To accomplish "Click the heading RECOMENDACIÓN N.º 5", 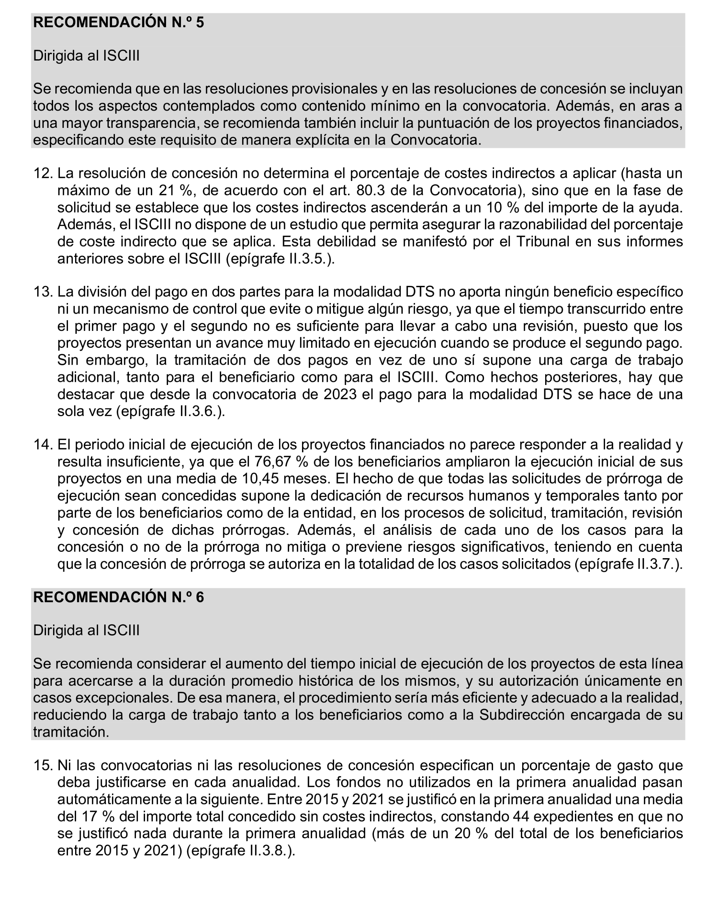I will (x=118, y=22).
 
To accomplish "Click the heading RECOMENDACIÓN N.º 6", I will (x=118, y=597).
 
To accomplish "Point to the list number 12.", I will (x=43, y=173).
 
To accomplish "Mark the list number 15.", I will (x=43, y=765).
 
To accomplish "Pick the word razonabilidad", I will (x=542, y=225).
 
